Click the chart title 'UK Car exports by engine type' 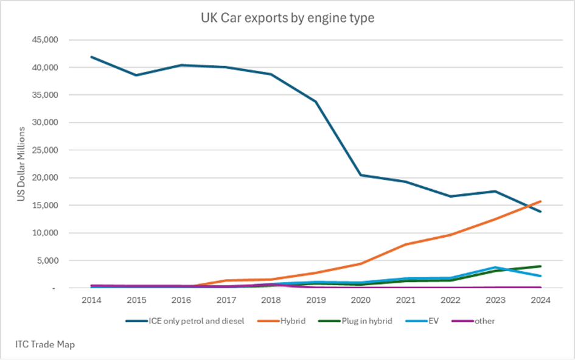[287, 19]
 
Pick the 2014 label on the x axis [92, 300]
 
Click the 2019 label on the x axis [316, 300]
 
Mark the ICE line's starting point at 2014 [92, 57]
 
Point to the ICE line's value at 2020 [361, 175]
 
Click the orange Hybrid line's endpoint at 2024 [540, 201]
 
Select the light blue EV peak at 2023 [495, 267]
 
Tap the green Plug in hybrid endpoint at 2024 [540, 266]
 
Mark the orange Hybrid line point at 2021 [405, 244]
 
